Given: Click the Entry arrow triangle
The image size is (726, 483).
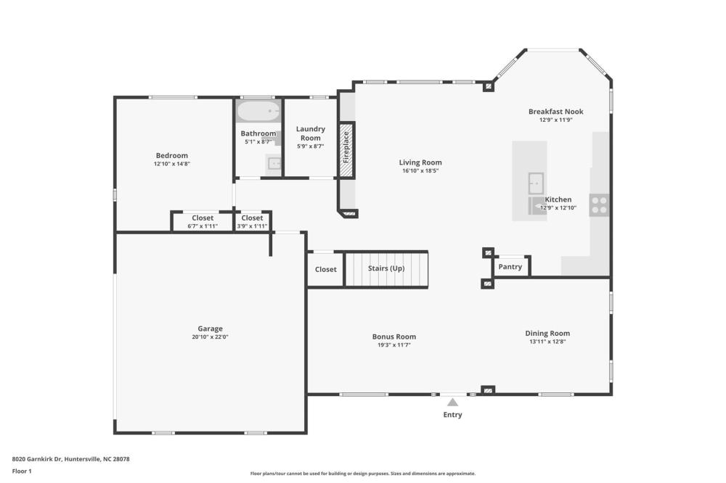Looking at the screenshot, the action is (452, 402).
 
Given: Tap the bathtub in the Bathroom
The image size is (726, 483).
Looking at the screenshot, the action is (258, 111).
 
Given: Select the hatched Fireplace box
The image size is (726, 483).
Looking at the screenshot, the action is (346, 150).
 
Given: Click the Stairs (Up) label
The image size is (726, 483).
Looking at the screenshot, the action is (386, 268).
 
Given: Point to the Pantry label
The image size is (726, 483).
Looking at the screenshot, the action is (510, 266).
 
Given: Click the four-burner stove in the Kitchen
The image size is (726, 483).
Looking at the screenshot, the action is (599, 205).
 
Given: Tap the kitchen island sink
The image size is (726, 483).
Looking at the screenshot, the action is (536, 183).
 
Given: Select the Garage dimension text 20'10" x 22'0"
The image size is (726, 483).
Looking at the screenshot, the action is (211, 337).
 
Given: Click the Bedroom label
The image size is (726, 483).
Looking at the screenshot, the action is (172, 155).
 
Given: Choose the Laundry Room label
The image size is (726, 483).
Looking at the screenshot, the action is (311, 133).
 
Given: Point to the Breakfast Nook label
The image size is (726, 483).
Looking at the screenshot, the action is (556, 112).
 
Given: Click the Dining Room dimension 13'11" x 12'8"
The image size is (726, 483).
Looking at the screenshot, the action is (547, 342).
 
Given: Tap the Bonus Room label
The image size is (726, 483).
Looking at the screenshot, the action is (394, 337).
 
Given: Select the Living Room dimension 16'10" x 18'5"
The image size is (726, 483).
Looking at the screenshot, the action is (420, 170).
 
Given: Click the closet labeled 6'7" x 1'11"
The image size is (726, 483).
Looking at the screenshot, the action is (203, 222).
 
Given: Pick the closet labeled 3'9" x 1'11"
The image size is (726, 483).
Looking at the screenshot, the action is (253, 222).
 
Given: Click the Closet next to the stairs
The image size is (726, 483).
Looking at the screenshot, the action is (325, 269).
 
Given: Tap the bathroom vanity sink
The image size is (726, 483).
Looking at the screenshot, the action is (274, 164).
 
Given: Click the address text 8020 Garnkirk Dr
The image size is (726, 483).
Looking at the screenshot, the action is (36, 459).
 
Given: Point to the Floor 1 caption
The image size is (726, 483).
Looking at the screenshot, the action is (22, 471).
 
